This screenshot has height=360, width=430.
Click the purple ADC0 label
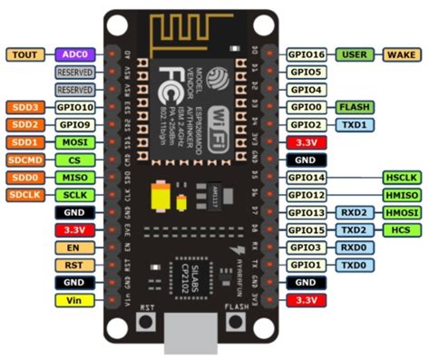coord(73,54)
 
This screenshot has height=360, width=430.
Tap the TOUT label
coord(25,54)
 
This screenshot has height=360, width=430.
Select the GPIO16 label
coord(308,54)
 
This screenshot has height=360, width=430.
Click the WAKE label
coord(401,54)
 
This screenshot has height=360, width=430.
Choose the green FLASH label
coord(354,106)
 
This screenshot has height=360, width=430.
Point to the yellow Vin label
coord(73,298)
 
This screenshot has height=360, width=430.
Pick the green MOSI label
coord(73,142)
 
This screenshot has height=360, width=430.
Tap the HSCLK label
coord(401,178)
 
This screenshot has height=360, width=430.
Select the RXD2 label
coord(354,212)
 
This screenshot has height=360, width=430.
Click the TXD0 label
coord(354,264)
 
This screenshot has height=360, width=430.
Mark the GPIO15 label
coord(308,229)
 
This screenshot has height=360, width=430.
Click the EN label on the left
coord(73,247)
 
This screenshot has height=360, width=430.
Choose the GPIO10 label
coord(73,107)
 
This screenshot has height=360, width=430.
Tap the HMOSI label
coord(401,212)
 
